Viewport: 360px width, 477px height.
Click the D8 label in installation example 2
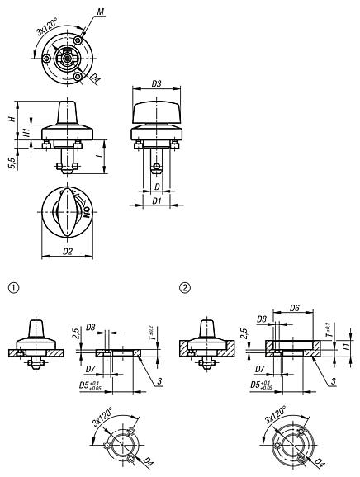pos(260,319)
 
